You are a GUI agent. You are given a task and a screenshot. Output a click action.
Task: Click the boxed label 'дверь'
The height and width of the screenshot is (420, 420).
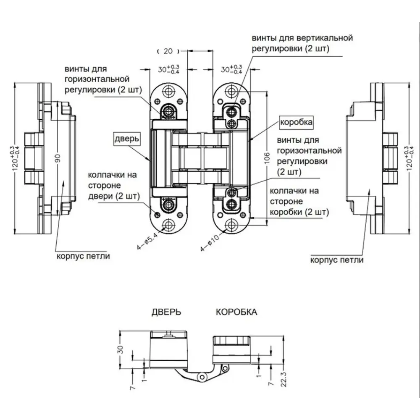(x=126, y=139)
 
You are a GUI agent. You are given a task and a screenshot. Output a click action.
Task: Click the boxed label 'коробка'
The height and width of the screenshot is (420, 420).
(x=296, y=122)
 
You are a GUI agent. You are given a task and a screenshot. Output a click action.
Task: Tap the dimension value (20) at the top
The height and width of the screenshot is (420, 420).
(x=168, y=51)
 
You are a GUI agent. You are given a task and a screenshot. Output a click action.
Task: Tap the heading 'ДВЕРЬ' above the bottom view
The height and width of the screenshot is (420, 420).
(x=167, y=312)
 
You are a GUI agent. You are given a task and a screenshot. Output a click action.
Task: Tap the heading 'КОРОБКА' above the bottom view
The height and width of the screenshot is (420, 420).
(x=236, y=312)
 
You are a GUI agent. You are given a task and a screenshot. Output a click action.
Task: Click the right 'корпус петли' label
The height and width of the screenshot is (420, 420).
(x=337, y=260)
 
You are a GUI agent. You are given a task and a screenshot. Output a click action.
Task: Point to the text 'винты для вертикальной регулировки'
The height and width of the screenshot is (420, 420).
(x=302, y=43)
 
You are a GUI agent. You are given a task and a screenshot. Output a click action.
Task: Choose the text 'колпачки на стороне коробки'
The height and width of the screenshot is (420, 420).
(x=298, y=201)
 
